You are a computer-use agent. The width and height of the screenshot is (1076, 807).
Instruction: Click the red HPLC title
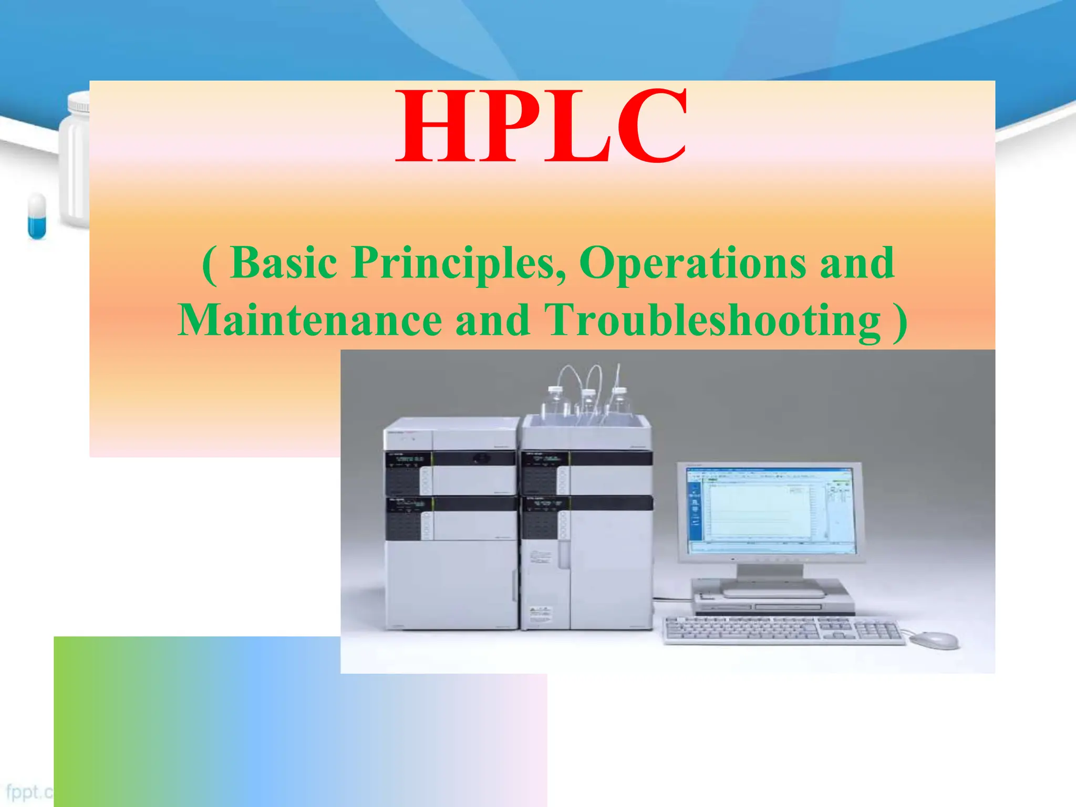541,126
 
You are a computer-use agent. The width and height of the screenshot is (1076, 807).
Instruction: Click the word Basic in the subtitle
284,263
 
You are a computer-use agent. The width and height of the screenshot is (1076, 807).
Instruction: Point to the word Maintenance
310,320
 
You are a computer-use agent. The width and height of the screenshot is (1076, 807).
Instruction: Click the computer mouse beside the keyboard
934,640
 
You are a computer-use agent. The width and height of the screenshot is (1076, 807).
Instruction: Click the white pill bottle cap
79,102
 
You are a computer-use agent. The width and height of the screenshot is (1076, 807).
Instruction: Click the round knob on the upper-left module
479,458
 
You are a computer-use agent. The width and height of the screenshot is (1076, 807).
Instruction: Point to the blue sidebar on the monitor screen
695,507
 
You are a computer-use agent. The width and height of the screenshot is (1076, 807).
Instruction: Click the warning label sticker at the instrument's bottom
540,613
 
